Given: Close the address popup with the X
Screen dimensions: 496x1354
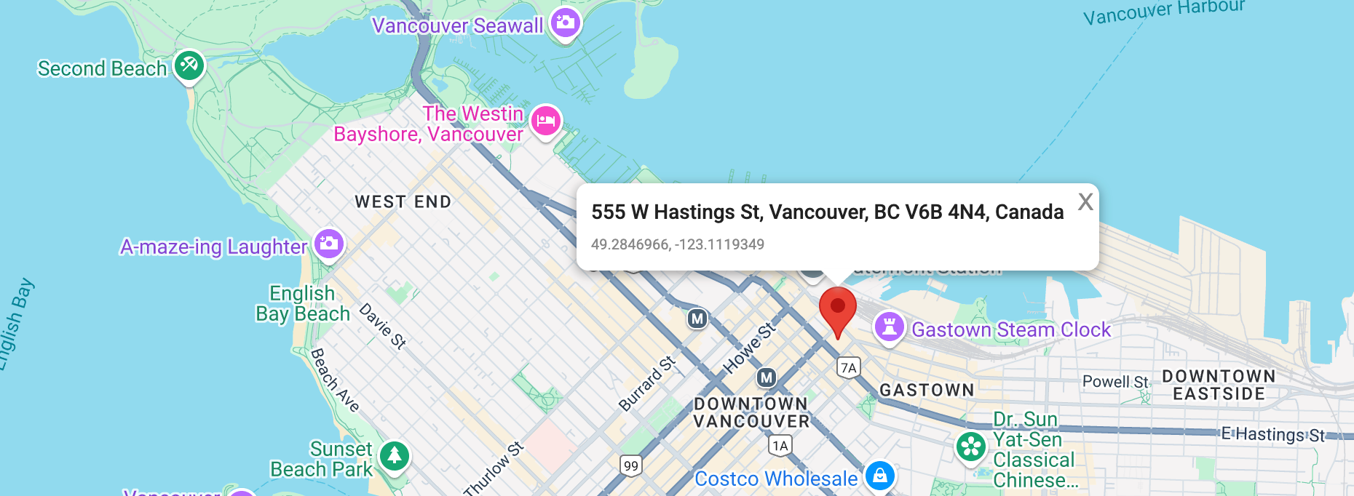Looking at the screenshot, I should tap(1085, 201).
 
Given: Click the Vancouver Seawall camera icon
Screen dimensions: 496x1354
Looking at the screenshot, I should tap(566, 23).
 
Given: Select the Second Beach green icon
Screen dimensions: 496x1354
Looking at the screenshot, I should tap(189, 66).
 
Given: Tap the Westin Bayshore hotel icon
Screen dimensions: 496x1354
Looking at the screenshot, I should tap(546, 121).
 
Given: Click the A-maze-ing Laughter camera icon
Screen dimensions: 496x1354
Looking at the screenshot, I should tap(329, 244).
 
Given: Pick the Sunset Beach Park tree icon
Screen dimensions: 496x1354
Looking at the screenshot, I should tap(395, 456).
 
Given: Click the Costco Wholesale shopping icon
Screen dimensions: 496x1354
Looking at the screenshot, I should tap(880, 476).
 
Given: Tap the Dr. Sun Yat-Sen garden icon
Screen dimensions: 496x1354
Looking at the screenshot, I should tap(971, 447).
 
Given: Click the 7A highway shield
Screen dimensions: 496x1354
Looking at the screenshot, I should tap(849, 368).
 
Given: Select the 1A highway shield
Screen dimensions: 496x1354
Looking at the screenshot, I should tap(780, 446).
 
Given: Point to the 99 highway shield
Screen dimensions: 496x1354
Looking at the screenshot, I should tap(631, 466).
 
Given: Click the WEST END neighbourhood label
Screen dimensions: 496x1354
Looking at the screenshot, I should tap(403, 202).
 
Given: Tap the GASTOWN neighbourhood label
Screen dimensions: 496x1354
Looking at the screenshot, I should tap(927, 391).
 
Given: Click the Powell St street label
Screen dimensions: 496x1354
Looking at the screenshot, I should tap(1115, 382).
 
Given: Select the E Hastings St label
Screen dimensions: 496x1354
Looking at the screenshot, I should tap(1273, 435).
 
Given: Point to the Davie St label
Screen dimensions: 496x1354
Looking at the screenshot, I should tap(383, 326).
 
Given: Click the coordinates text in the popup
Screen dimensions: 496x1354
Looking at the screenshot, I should tap(677, 244).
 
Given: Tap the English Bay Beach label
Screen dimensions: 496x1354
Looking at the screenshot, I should tap(303, 303).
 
